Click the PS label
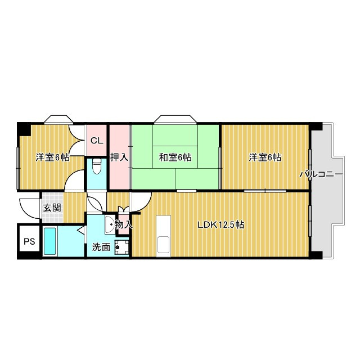(x=29, y=241)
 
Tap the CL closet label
(x=97, y=141)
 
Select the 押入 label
(x=119, y=157)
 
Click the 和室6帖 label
(x=175, y=157)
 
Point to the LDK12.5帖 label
(x=221, y=225)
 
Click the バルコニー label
(x=321, y=174)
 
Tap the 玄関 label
(x=52, y=208)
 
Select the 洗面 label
(x=101, y=247)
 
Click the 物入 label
(x=124, y=224)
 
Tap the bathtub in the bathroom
(x=50, y=241)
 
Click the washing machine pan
(x=122, y=247)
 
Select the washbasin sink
(x=110, y=225)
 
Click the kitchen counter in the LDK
(x=164, y=236)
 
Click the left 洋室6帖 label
(x=52, y=157)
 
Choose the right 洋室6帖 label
(x=265, y=157)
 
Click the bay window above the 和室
(x=175, y=119)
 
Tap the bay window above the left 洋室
(x=58, y=119)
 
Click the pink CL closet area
(x=97, y=140)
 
